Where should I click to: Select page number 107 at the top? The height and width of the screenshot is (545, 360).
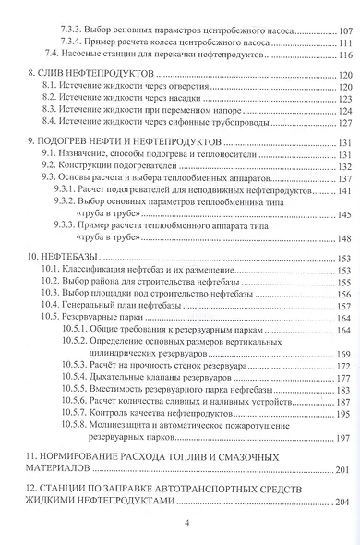(x=347, y=30)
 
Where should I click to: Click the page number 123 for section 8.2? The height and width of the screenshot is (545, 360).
(x=347, y=98)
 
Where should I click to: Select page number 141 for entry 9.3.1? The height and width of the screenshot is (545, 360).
(x=347, y=191)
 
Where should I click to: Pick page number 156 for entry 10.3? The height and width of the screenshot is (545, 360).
(x=347, y=270)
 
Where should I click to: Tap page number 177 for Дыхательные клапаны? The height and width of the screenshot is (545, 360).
(x=347, y=353)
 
